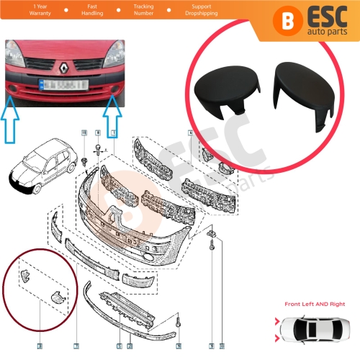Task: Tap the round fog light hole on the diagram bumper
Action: [148, 256]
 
